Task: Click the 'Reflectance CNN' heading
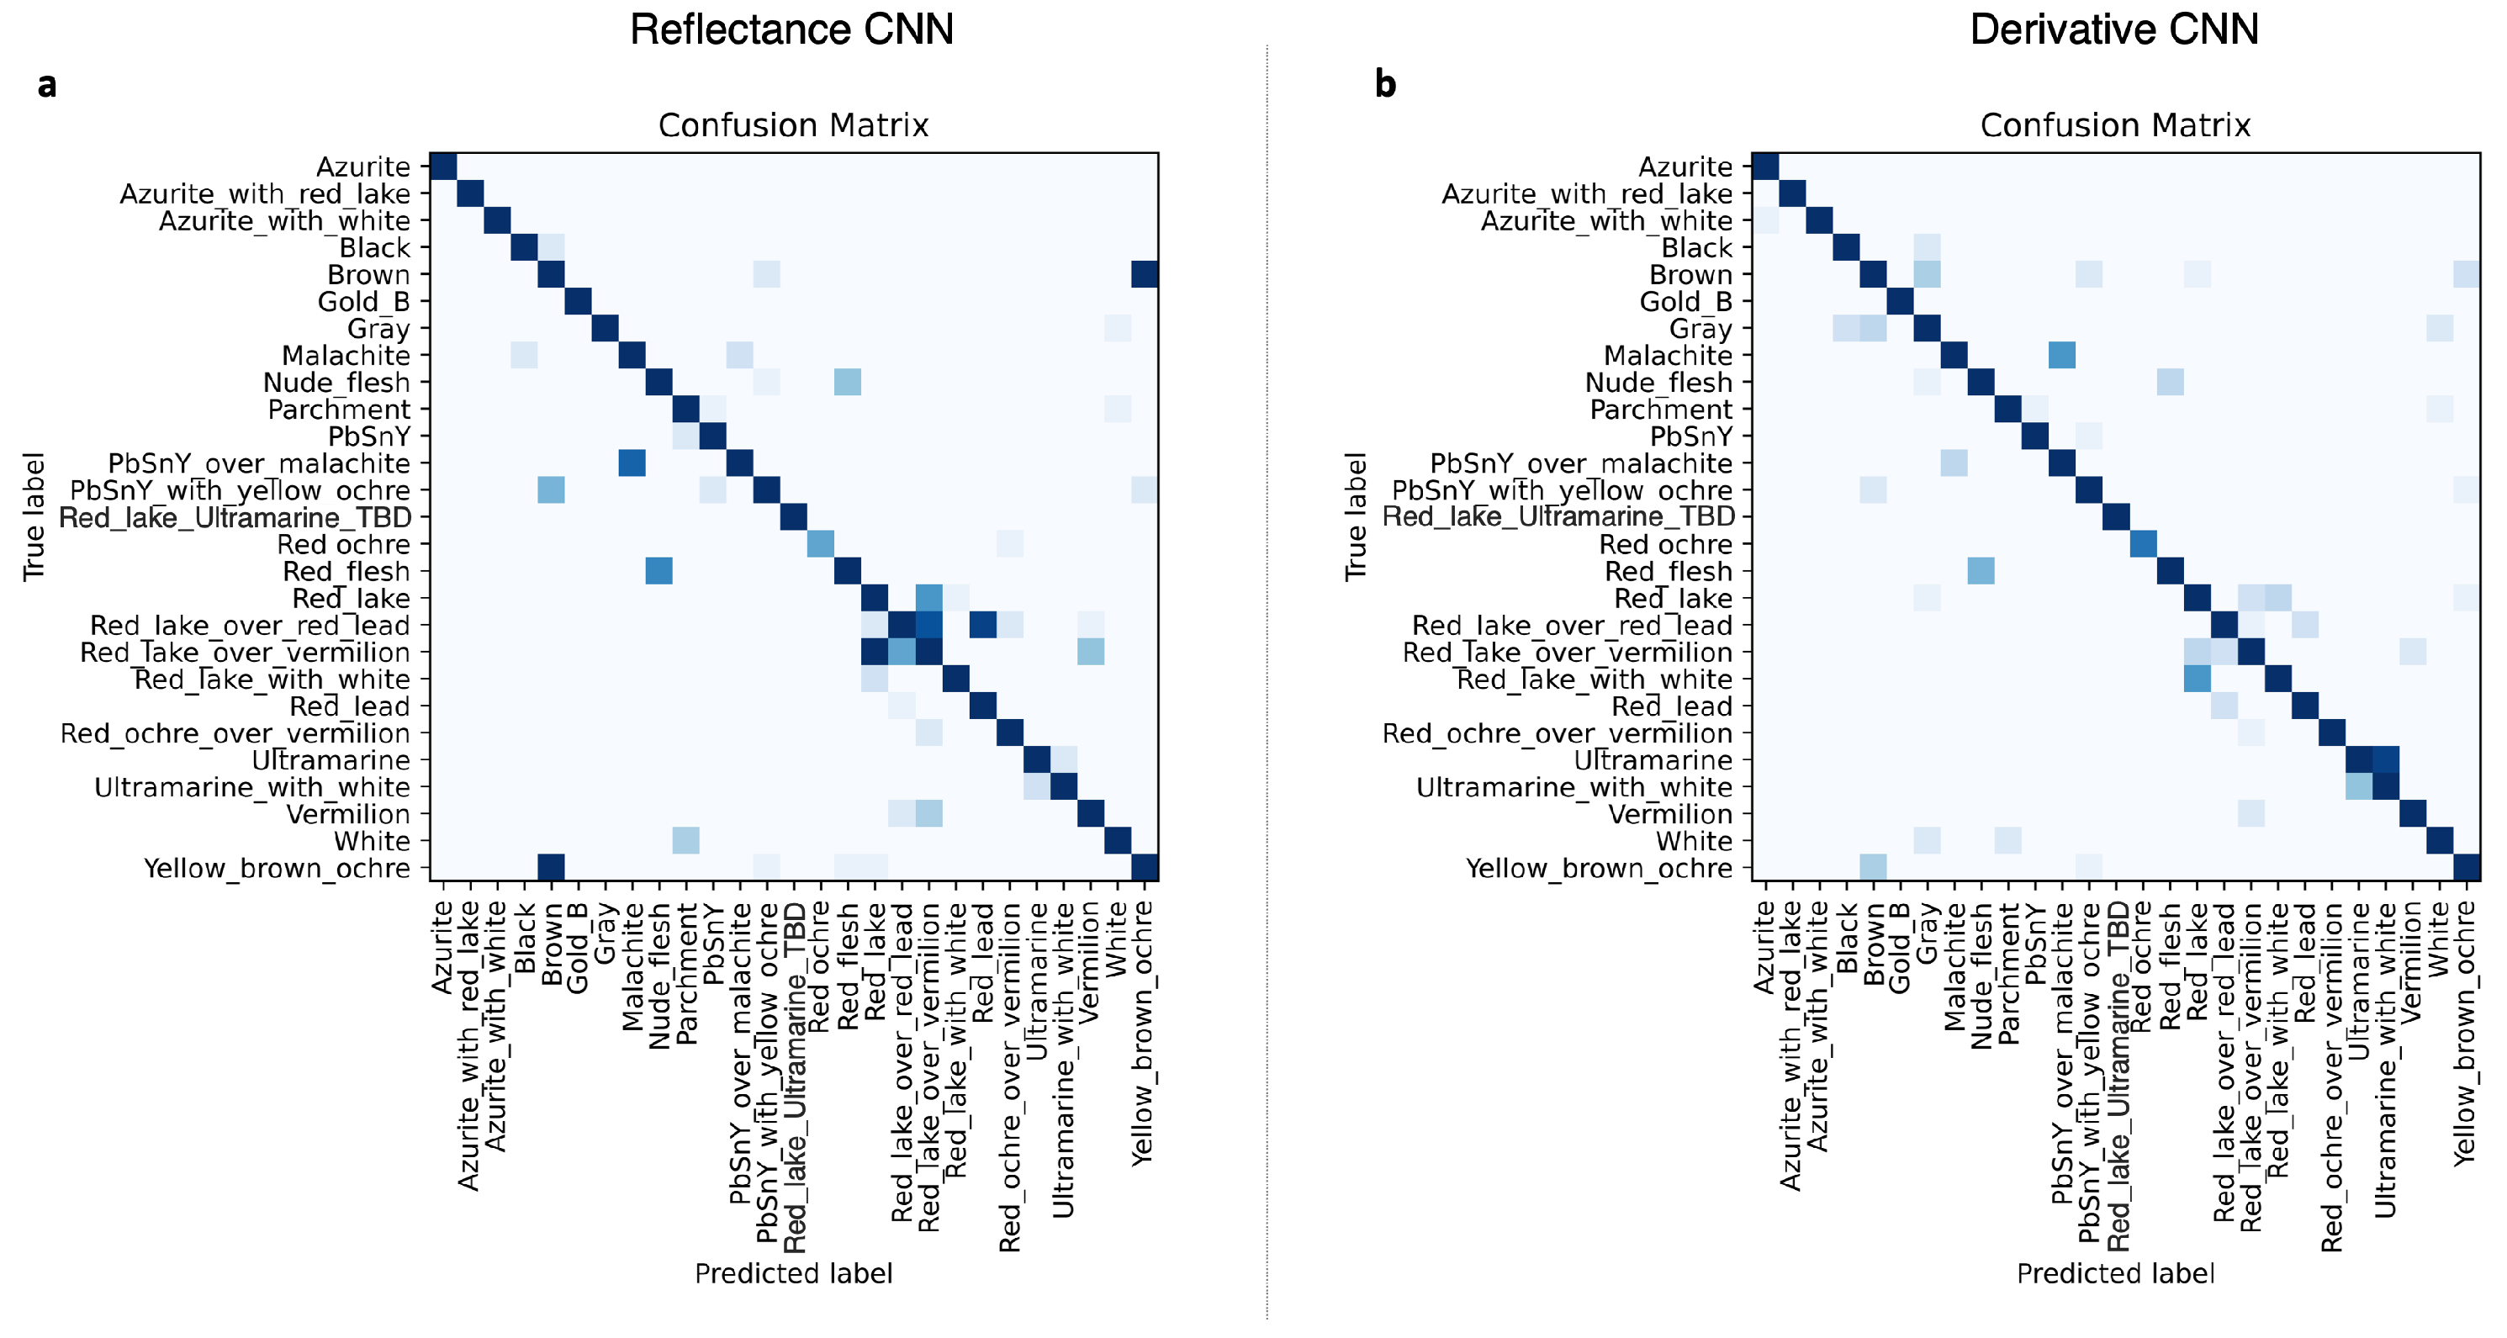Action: pos(791,29)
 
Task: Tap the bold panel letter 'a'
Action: pos(47,86)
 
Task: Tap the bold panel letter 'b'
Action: pos(1385,84)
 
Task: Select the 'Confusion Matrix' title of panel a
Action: pos(793,125)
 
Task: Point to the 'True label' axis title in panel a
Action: pos(34,516)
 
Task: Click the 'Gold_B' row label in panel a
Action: pos(364,302)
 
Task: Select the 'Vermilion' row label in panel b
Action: pos(1670,813)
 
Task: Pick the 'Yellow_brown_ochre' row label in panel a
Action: pos(278,868)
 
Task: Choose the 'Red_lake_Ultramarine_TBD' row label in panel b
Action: pos(1558,516)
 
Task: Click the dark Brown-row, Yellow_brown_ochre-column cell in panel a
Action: pos(1145,275)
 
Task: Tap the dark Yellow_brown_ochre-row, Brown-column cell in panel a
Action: pos(551,867)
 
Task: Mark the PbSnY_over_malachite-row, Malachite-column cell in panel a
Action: pos(632,463)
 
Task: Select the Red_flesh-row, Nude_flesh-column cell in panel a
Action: pos(658,571)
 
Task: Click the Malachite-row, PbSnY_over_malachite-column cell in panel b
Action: pos(2061,355)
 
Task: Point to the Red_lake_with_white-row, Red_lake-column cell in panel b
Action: pos(2197,680)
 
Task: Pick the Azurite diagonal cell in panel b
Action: pos(1765,167)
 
